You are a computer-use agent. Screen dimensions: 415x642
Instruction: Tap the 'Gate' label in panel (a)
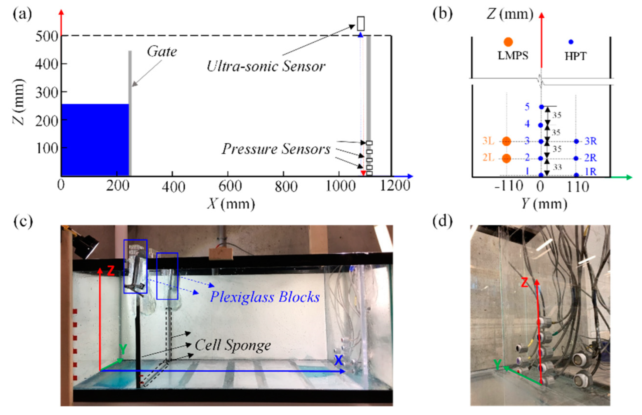pyautogui.click(x=162, y=52)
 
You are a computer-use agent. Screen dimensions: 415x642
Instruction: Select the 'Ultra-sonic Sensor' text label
pyautogui.click(x=266, y=66)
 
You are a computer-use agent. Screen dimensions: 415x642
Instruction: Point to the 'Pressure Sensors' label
pyautogui.click(x=276, y=149)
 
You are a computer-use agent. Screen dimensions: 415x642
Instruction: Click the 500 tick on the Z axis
pyautogui.click(x=47, y=36)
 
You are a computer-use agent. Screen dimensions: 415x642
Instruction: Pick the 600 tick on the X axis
pyautogui.click(x=230, y=186)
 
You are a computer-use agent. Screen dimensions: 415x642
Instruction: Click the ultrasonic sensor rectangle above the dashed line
pyautogui.click(x=361, y=23)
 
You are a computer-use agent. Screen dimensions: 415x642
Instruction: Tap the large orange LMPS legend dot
pyautogui.click(x=508, y=42)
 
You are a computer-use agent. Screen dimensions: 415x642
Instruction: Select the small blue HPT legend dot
pyautogui.click(x=571, y=42)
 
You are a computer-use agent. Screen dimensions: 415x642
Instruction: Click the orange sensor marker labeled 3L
pyautogui.click(x=506, y=141)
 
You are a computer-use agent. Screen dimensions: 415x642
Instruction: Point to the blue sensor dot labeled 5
pyautogui.click(x=541, y=107)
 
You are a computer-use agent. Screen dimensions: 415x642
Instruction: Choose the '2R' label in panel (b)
pyautogui.click(x=590, y=158)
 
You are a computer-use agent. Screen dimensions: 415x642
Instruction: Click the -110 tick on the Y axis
pyautogui.click(x=509, y=186)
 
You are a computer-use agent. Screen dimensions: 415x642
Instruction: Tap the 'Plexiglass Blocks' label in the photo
pyautogui.click(x=265, y=297)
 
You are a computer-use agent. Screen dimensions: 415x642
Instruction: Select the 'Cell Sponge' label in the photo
pyautogui.click(x=233, y=345)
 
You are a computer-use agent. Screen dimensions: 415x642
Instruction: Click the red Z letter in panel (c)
pyautogui.click(x=111, y=271)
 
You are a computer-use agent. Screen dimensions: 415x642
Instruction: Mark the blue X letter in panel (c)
pyautogui.click(x=338, y=360)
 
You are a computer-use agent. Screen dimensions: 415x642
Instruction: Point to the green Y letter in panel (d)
pyautogui.click(x=497, y=364)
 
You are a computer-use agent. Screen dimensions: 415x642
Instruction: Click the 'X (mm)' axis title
pyautogui.click(x=231, y=203)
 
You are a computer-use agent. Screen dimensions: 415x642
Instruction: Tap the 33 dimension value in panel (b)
pyautogui.click(x=557, y=167)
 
